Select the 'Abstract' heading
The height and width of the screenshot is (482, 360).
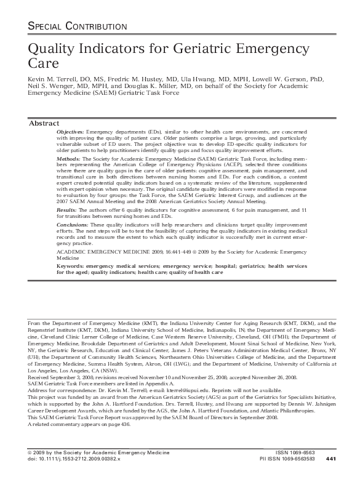point(44,123)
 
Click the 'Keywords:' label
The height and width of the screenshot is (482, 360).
point(71,266)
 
